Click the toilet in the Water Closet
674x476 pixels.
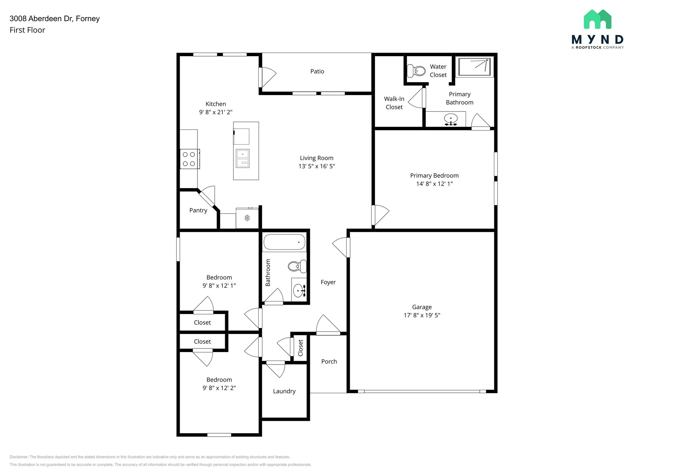coord(416,70)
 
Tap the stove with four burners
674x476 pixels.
coord(189,159)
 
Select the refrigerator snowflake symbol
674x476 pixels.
coord(247,218)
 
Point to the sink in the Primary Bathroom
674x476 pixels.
coord(451,118)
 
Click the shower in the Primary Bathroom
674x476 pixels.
coord(475,67)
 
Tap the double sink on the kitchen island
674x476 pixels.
coord(243,158)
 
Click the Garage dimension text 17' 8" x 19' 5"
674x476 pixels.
coord(422,315)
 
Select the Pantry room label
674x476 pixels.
coord(198,210)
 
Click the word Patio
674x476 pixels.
coord(317,71)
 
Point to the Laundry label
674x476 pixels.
coord(284,391)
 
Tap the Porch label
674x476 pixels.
coord(329,362)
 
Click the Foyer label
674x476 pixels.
coord(328,282)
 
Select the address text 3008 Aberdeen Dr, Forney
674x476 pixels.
coord(55,19)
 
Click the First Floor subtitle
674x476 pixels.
coord(27,30)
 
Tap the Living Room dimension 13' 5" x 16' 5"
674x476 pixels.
coord(317,166)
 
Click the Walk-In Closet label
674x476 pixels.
coord(394,103)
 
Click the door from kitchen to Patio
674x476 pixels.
coord(267,77)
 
